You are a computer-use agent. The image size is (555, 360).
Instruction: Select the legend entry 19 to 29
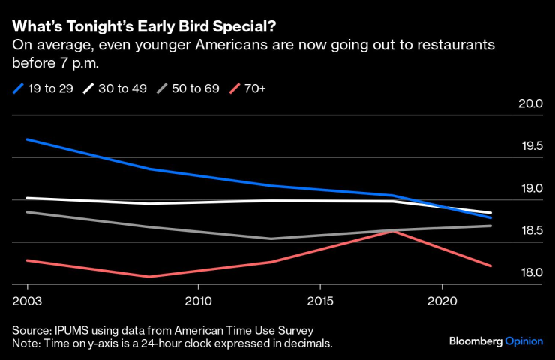point(46,88)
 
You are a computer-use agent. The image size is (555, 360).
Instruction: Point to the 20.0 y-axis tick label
point(529,103)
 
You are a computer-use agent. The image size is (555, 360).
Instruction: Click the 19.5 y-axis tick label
point(529,145)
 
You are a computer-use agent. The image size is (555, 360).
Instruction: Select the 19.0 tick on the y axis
point(529,187)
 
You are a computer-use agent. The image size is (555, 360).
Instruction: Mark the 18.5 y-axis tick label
point(529,230)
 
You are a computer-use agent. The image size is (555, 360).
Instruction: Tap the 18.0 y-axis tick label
point(529,272)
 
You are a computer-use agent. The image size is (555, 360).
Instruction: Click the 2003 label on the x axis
point(28,300)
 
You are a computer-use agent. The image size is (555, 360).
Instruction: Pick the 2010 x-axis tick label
point(198,300)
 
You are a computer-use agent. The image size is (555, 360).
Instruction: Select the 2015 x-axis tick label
point(320,300)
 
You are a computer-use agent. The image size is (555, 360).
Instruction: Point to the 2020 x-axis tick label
point(442,300)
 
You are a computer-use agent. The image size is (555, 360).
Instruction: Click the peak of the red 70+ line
point(394,231)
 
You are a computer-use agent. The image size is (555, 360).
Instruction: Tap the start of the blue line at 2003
point(28,139)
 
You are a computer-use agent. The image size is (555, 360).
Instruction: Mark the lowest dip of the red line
point(149,277)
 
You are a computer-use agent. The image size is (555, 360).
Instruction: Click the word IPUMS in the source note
point(70,330)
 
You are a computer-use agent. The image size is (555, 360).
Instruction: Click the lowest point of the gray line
point(271,238)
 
